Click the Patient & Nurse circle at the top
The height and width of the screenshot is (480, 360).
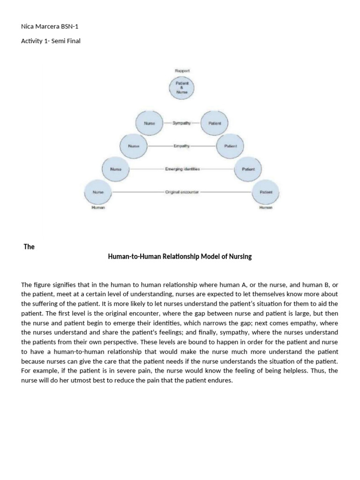pyautogui.click(x=181, y=88)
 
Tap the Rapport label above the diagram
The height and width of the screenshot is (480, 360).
pyautogui.click(x=182, y=70)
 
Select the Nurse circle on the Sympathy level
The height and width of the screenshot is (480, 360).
pyautogui.click(x=149, y=123)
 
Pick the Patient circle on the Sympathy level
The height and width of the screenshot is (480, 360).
pyautogui.click(x=214, y=123)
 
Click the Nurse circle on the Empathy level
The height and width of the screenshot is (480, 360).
pyautogui.click(x=134, y=146)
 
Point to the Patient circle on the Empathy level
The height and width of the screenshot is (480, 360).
pyautogui.click(x=230, y=146)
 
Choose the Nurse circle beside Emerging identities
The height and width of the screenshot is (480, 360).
pyautogui.click(x=116, y=169)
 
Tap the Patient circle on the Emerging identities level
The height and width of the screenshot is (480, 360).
pyautogui.click(x=248, y=169)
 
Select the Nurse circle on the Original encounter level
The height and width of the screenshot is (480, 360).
pyautogui.click(x=98, y=192)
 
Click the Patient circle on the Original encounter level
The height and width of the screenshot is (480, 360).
pyautogui.click(x=266, y=192)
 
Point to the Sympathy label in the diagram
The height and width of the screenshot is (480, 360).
pyautogui.click(x=181, y=123)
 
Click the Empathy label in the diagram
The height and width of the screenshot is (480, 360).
pyautogui.click(x=181, y=146)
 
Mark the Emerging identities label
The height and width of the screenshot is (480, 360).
pyautogui.click(x=182, y=169)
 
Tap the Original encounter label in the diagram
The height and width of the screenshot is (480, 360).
pyautogui.click(x=182, y=192)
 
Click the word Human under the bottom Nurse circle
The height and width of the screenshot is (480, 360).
pyautogui.click(x=98, y=207)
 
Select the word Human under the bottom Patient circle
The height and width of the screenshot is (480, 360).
pyautogui.click(x=266, y=207)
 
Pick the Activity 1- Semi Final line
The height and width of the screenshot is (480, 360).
pyautogui.click(x=51, y=41)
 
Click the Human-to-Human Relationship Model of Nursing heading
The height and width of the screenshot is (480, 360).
pyautogui.click(x=180, y=256)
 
